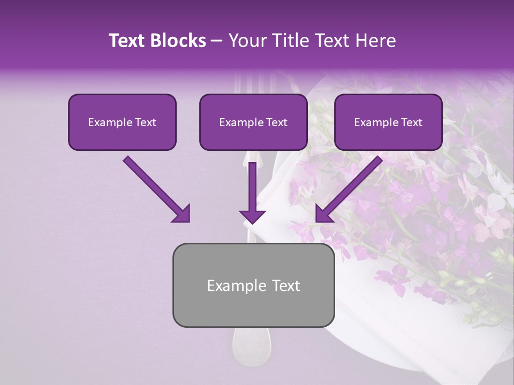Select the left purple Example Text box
122,122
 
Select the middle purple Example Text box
253,122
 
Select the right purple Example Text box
388,122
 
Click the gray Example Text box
253,285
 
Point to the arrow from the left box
155,188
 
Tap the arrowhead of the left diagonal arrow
182,214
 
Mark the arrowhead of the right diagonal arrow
323,214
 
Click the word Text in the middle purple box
276,122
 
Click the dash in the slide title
217,41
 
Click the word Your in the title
246,41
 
